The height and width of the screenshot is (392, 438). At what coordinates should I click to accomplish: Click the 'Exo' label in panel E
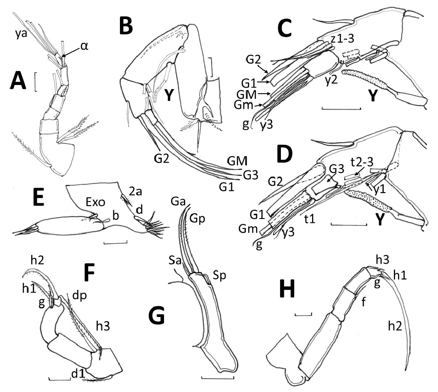pyautogui.click(x=80, y=202)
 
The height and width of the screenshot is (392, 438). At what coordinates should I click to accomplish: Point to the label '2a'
pyautogui.click(x=123, y=189)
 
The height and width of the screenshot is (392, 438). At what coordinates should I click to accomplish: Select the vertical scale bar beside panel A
pyautogui.click(x=35, y=82)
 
